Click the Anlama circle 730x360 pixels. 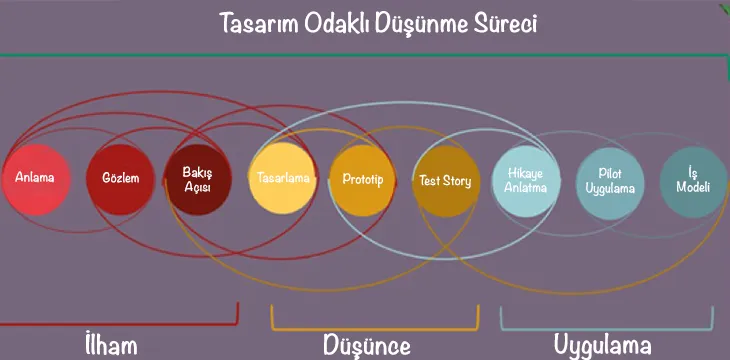36,180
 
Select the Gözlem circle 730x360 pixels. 120,180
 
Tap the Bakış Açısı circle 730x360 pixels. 198,180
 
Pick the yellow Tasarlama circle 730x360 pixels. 283,178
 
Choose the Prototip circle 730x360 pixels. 362,180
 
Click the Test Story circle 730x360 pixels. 446,181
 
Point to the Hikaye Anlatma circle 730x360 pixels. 526,181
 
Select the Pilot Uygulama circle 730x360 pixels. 610,183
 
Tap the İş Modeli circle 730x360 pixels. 694,182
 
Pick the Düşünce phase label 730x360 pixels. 367,346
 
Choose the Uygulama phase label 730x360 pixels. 602,346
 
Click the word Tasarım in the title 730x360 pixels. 259,24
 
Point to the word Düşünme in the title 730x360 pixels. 422,24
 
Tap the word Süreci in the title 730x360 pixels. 506,24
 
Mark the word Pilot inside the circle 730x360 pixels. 610,174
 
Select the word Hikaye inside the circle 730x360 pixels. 526,173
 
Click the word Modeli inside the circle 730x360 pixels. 693,188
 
